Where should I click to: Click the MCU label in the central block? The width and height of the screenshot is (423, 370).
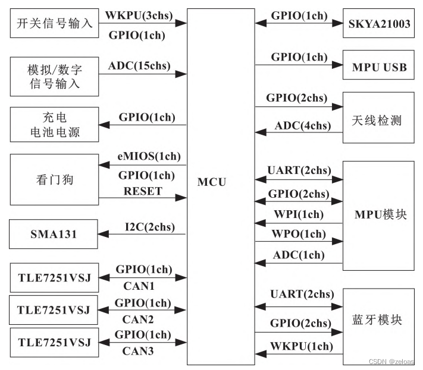tap(212, 182)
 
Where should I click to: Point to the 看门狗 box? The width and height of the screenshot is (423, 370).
tap(54, 179)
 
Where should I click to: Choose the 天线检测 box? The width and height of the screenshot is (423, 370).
tap(377, 121)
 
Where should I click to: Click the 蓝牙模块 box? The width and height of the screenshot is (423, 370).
tap(377, 321)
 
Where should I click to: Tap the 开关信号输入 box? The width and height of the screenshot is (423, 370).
tap(54, 24)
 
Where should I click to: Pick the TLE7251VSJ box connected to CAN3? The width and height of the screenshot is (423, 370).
tap(54, 343)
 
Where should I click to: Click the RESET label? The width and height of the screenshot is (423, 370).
tap(143, 191)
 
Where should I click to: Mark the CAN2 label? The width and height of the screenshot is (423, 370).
tap(139, 318)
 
